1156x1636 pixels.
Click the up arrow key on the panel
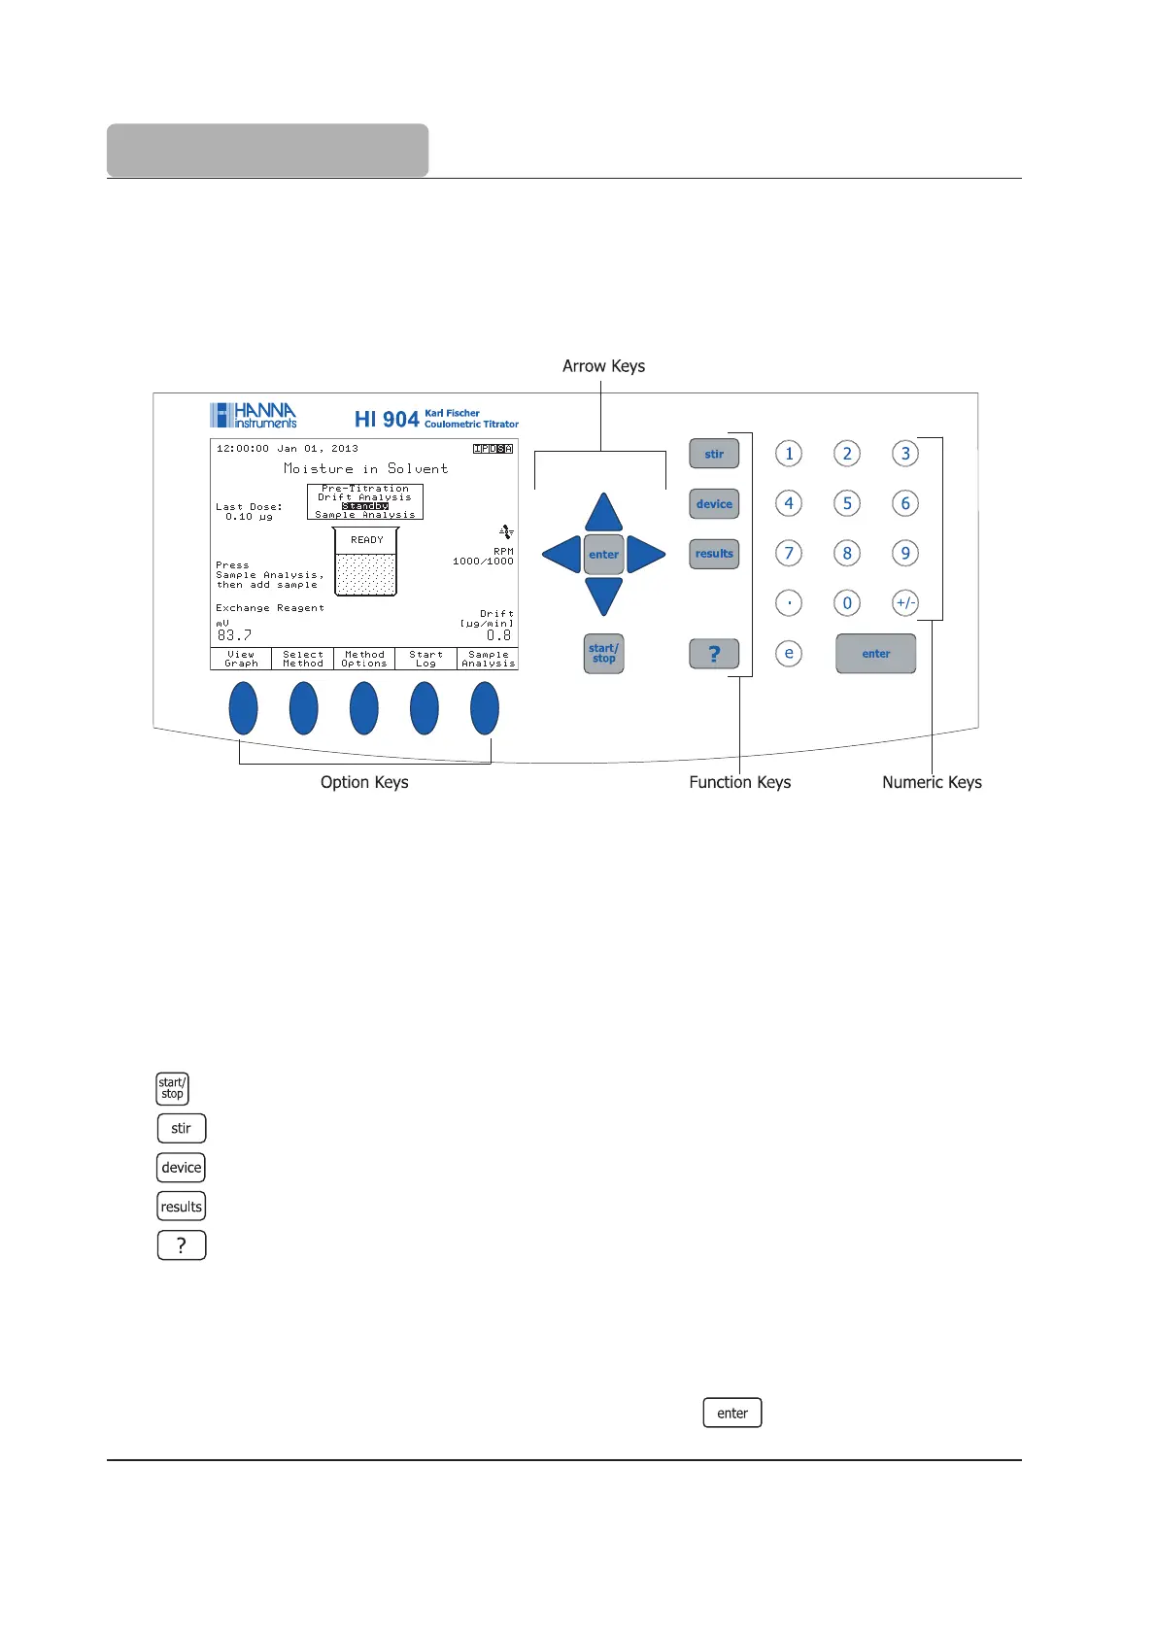(603, 514)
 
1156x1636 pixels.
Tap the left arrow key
(562, 555)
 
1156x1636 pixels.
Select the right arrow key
(644, 555)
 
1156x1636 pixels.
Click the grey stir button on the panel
(714, 454)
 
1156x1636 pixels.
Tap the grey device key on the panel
(714, 504)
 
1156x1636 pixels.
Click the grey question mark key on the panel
(714, 654)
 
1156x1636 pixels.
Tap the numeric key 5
(847, 503)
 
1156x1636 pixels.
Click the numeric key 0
(847, 603)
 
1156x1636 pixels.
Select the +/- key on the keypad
(905, 603)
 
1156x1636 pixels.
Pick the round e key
(789, 654)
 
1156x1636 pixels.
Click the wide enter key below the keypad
(875, 654)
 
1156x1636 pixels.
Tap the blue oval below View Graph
(243, 708)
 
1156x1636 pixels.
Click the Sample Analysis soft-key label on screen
(488, 660)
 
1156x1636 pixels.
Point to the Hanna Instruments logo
(254, 416)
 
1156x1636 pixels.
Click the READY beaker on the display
(366, 562)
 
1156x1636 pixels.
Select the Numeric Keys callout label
(932, 782)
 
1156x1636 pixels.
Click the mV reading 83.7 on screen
(234, 635)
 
